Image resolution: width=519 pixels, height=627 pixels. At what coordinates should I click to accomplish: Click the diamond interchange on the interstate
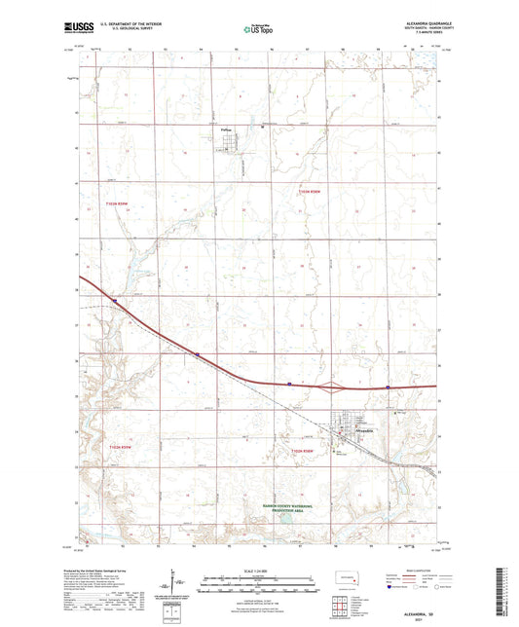(333, 386)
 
